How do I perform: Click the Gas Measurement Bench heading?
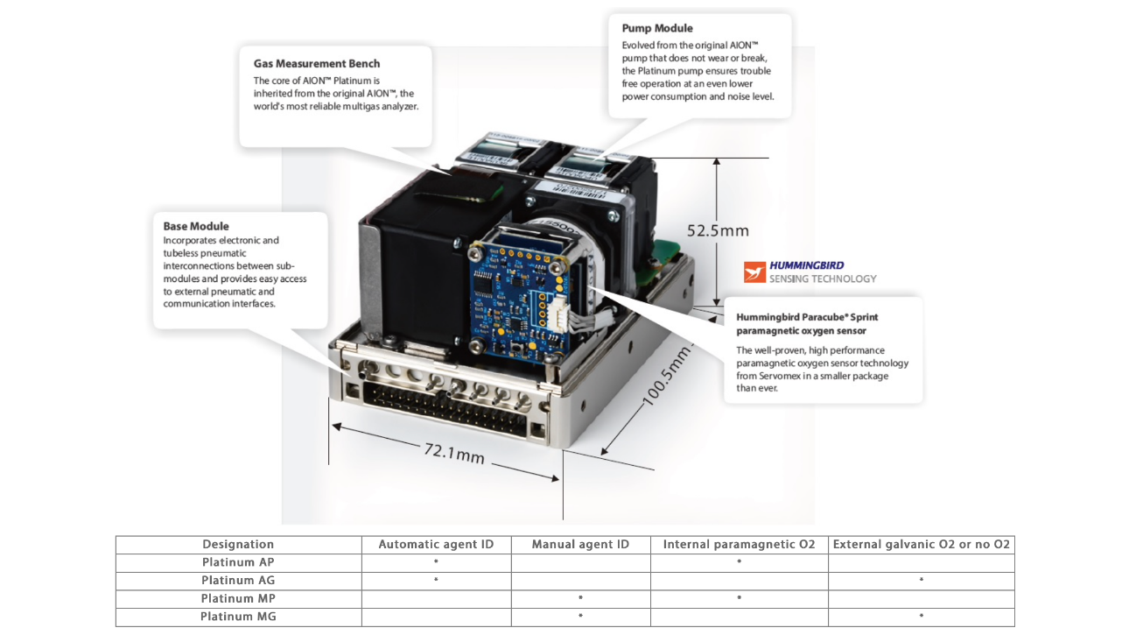point(317,64)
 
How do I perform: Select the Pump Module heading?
point(657,29)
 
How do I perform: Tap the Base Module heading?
point(196,226)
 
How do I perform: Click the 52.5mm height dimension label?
point(718,231)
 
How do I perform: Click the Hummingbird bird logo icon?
point(754,272)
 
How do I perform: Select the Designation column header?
point(238,545)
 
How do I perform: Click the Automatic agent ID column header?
point(436,545)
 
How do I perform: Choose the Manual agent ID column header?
point(580,545)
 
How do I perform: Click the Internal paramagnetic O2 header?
point(739,545)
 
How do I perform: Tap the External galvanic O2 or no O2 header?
point(921,545)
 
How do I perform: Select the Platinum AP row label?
point(238,562)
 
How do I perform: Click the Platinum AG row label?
point(238,581)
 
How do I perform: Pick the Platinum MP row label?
point(238,599)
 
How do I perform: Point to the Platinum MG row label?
point(238,617)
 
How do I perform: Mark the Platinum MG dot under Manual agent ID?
point(580,617)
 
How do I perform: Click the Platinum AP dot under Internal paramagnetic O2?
point(740,561)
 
